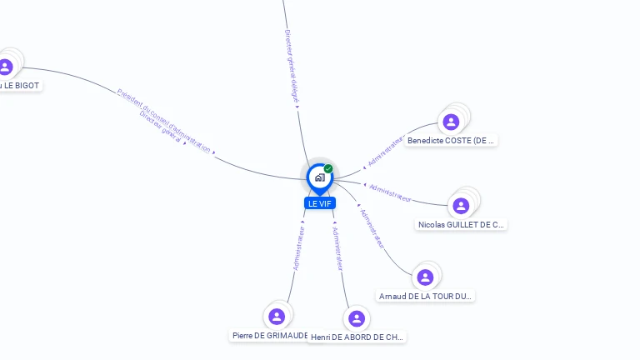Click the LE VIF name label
[x=319, y=203]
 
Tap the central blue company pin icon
[x=319, y=177]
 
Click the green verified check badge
[x=328, y=168]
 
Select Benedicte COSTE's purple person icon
[x=451, y=122]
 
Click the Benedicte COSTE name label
[x=451, y=141]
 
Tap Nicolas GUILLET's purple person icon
[x=461, y=206]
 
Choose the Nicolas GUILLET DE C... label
[x=461, y=224]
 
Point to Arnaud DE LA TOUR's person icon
[x=425, y=277]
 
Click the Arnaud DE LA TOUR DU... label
[x=425, y=296]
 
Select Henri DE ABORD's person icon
[x=357, y=318]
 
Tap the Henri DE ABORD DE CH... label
[x=357, y=337]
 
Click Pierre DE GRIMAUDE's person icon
[x=277, y=317]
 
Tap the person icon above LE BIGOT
[x=6, y=67]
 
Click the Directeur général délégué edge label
[x=292, y=66]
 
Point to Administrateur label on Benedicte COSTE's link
[x=386, y=150]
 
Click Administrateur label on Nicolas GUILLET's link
[x=390, y=192]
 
